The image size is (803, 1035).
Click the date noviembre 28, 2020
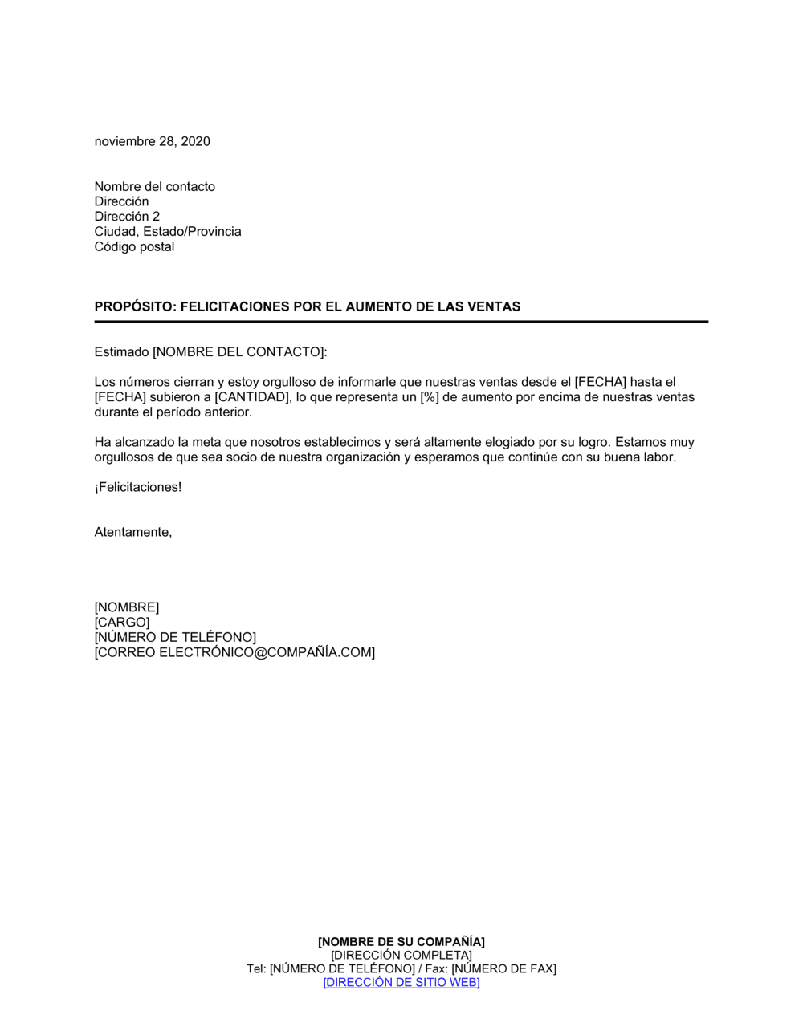153,141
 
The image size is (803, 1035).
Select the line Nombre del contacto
155,186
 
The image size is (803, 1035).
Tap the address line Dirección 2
127,217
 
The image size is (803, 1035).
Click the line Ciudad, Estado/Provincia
168,232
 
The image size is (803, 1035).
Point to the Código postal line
134,246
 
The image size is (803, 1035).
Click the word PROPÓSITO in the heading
133,306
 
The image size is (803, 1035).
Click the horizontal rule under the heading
401,322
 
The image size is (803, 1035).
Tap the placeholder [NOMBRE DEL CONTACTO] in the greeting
238,352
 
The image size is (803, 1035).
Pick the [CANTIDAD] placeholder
252,397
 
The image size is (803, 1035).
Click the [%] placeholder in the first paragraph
430,397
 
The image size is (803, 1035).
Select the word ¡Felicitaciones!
138,487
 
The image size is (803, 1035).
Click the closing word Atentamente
132,532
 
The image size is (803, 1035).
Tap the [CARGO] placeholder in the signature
122,623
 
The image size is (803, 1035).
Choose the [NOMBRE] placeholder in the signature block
127,607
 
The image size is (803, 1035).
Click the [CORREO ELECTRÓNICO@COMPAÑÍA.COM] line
234,653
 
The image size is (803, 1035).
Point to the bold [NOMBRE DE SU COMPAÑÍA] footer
401,942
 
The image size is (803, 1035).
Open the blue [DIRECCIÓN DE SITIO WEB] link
401,983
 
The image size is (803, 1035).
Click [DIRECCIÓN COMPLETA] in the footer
401,956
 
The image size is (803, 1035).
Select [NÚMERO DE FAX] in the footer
503,969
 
